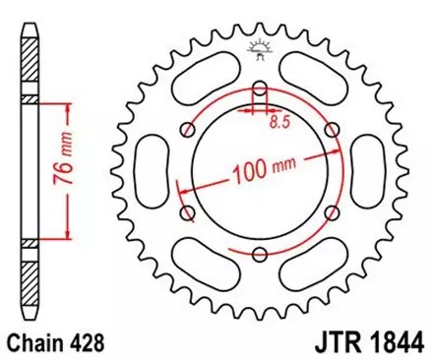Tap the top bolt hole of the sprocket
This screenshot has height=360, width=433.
(x=260, y=95)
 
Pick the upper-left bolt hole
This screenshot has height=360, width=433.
(x=190, y=136)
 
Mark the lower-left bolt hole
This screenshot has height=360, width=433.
(x=190, y=215)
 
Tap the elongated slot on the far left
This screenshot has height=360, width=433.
(x=154, y=175)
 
